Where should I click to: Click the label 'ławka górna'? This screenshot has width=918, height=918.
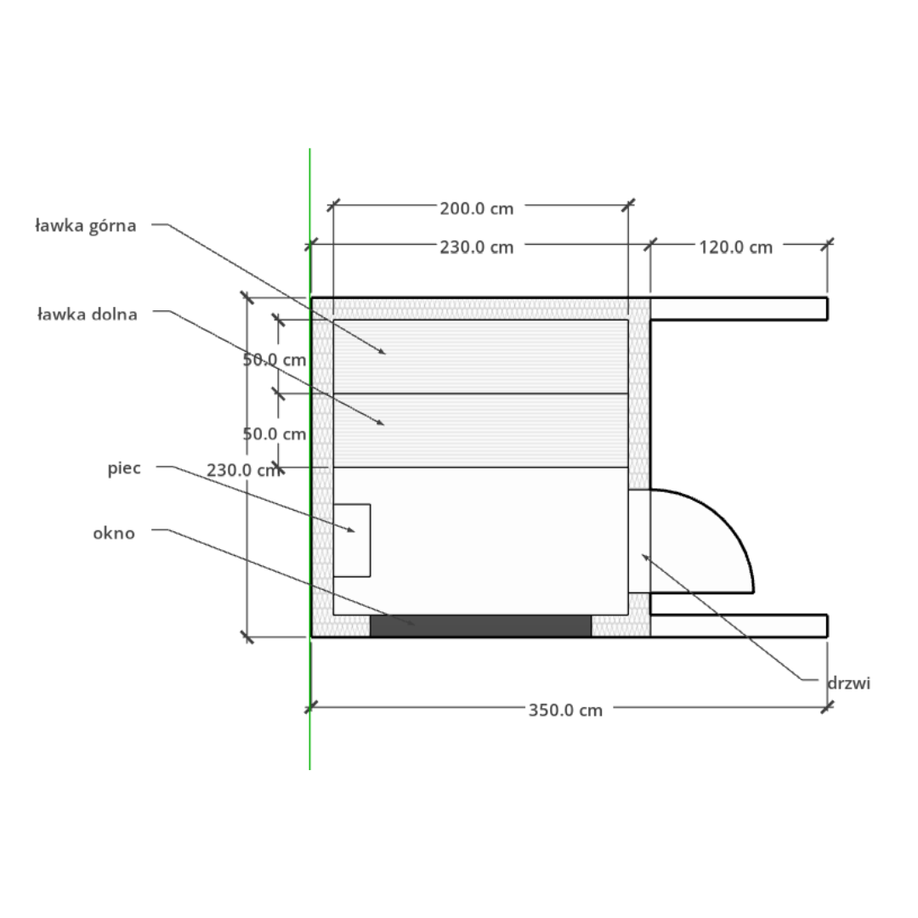coord(86,225)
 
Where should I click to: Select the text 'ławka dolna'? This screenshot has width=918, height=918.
coord(88,314)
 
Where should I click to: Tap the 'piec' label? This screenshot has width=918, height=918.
coord(124,468)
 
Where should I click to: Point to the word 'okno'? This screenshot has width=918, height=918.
coord(114,533)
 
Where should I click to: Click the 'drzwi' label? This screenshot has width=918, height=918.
coord(849,683)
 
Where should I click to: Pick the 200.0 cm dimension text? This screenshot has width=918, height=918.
coord(477,209)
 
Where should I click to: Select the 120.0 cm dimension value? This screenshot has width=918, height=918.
coord(736,247)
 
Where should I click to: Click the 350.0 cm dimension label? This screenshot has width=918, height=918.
coord(565,710)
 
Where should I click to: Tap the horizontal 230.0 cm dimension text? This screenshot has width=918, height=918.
coord(477,247)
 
